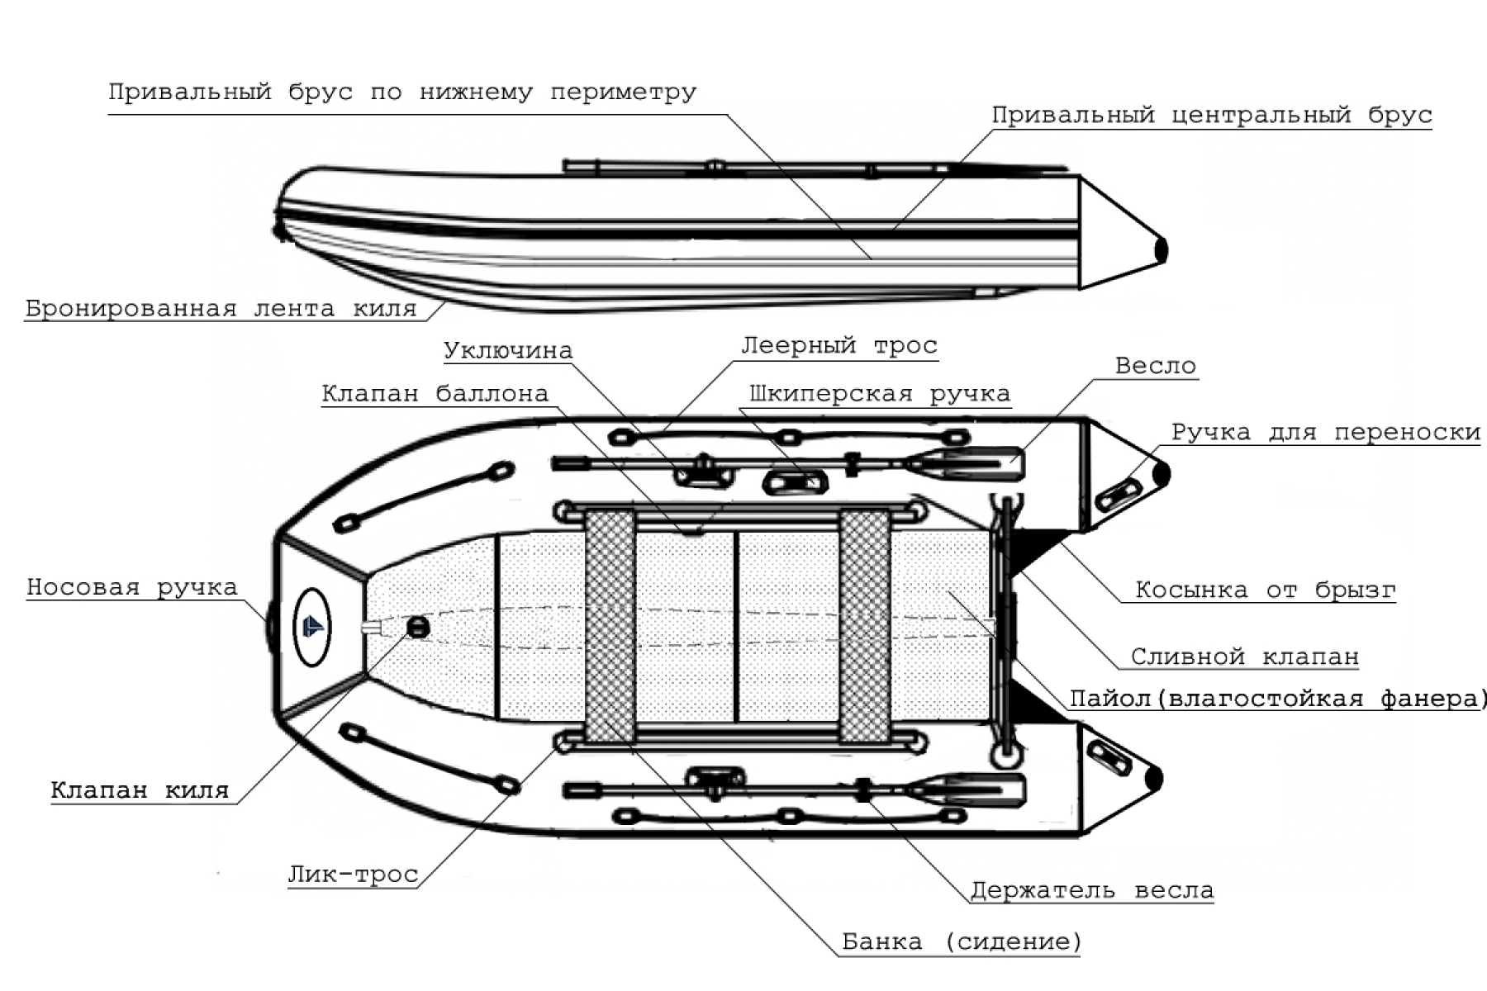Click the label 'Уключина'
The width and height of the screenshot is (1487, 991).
pos(508,350)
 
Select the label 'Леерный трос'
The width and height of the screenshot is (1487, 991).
pos(839,345)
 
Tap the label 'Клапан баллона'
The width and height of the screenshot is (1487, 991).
pos(435,394)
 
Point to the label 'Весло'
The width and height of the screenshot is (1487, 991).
pos(1155,366)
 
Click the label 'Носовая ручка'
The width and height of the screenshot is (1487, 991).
pos(132,587)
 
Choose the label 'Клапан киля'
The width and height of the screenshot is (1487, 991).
pos(140,790)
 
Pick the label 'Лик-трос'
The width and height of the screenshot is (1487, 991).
pos(353,875)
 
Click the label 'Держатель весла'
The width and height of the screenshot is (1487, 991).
pos(1091,890)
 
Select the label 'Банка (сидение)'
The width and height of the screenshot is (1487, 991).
pos(961,941)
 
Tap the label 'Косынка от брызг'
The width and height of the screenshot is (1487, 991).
pos(1265,590)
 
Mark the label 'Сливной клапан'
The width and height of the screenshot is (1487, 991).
pos(1244,657)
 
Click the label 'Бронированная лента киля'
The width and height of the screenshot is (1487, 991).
pos(221,309)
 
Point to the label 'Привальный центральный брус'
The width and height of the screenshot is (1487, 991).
pos(1211,115)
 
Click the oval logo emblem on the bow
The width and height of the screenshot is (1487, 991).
pos(312,627)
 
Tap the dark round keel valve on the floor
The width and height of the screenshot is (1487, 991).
pos(418,628)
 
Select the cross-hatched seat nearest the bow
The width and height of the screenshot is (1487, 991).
pos(610,625)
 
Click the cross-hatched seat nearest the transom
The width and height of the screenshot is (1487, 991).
pos(864,625)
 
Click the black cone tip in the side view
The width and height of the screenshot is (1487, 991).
pos(1161,249)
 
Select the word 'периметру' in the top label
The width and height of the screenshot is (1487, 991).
pos(623,92)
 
